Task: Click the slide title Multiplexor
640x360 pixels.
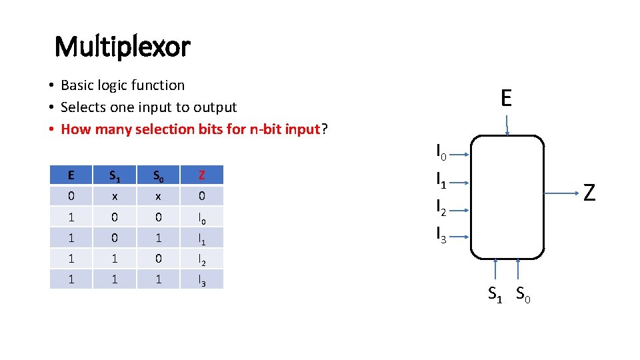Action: [x=122, y=47]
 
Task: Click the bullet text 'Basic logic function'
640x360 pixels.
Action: [x=123, y=85]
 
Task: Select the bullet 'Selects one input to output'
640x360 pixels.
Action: [x=149, y=107]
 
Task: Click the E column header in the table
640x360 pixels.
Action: [x=71, y=175]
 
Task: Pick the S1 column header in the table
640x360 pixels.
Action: [x=115, y=175]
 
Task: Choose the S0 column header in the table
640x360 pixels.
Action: [x=159, y=175]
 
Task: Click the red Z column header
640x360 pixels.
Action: [x=201, y=175]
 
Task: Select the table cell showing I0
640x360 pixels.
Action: [x=201, y=217]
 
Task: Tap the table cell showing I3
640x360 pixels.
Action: [x=201, y=280]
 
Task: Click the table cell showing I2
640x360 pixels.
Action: [x=201, y=259]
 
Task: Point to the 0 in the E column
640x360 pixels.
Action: [x=71, y=196]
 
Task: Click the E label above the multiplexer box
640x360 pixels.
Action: [x=506, y=99]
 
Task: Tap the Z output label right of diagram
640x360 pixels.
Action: [x=589, y=193]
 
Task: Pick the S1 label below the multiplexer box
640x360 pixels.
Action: [x=495, y=293]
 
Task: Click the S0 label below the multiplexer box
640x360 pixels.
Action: [x=523, y=293]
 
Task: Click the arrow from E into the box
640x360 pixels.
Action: [x=507, y=126]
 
